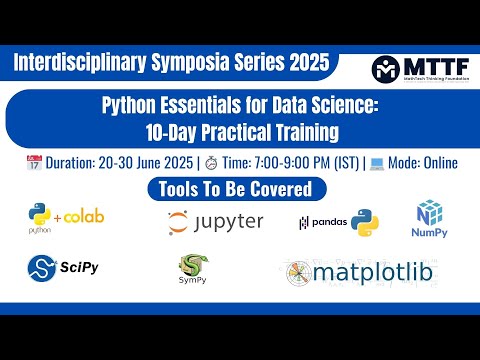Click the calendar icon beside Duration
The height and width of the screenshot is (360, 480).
click(37, 162)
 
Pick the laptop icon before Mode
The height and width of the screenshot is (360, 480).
click(377, 162)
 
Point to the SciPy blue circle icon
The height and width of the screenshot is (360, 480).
click(41, 268)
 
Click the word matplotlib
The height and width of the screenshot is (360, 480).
click(375, 271)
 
